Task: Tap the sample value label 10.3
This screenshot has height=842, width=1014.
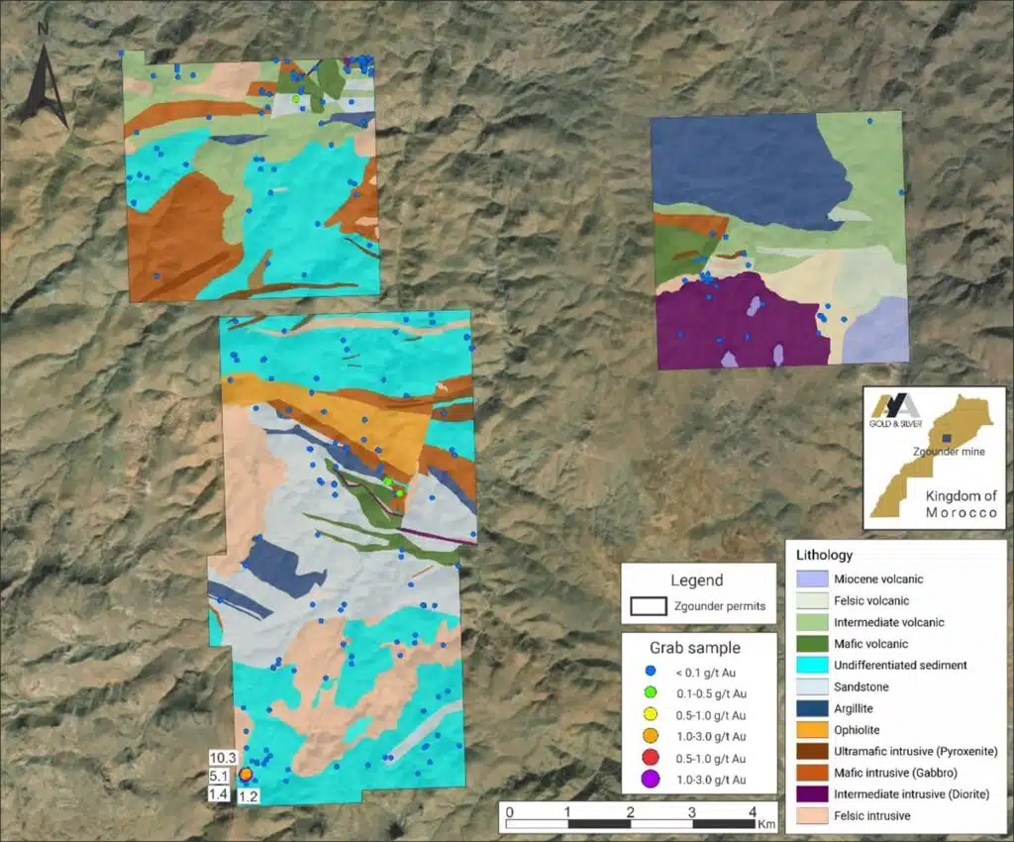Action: point(221,758)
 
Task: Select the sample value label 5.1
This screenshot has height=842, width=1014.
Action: point(219,776)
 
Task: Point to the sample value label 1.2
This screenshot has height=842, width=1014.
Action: point(248,795)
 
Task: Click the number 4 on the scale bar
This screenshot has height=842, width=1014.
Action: point(753,812)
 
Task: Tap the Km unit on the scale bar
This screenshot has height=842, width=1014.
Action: point(767,823)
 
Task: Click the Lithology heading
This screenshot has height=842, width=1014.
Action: point(825,556)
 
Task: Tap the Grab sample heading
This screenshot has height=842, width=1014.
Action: point(693,648)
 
